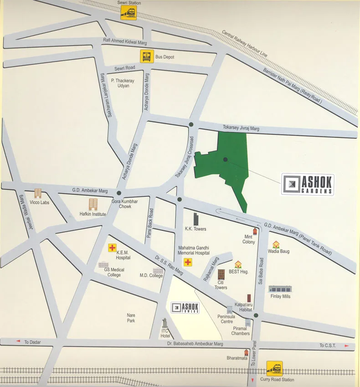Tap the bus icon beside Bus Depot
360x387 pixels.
[x=145, y=57]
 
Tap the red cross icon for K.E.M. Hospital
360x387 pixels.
[x=112, y=248]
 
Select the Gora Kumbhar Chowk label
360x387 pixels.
[x=122, y=204]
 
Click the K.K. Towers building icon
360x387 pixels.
[x=196, y=219]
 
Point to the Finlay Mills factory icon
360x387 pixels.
[x=280, y=289]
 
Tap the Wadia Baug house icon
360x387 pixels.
[x=276, y=245]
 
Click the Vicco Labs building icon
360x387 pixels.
[x=38, y=194]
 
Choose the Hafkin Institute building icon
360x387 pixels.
[x=93, y=204]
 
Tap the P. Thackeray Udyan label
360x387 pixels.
[x=123, y=83]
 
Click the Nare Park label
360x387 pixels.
[x=131, y=318]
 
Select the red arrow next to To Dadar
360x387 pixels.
[x=18, y=341]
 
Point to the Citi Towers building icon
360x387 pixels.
[x=221, y=275]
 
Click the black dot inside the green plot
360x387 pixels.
[x=225, y=160]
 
